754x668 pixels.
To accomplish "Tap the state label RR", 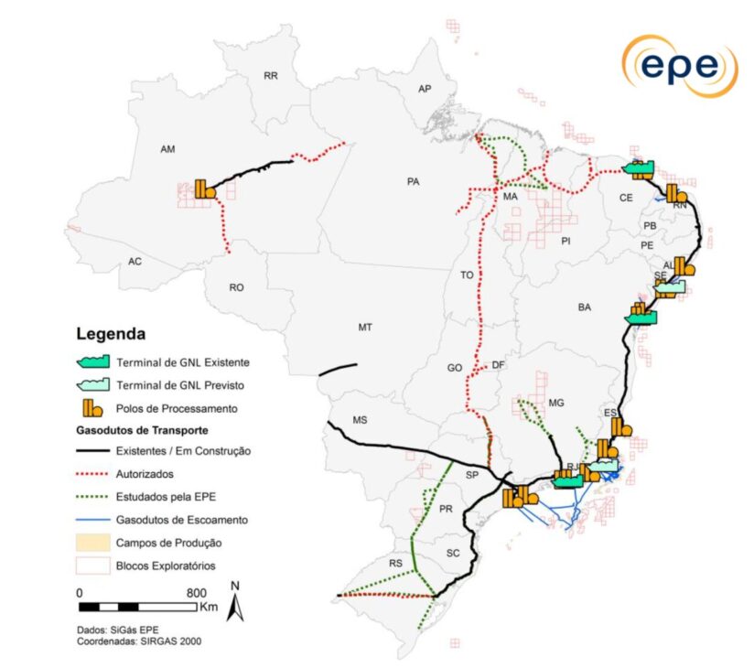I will [270, 76].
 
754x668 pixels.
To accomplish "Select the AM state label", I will [167, 149].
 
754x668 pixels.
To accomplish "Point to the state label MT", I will [365, 327].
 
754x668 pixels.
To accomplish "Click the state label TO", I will [467, 275].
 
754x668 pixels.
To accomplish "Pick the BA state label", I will [584, 307].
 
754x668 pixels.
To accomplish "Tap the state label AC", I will [135, 262].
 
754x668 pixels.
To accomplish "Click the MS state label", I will [360, 421].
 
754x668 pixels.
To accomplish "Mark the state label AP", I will [424, 89].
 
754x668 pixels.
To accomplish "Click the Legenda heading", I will [111, 334].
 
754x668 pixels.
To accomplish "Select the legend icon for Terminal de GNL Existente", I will [94, 362].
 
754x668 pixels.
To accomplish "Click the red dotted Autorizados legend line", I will [94, 474].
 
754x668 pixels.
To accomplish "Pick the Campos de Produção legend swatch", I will [94, 543].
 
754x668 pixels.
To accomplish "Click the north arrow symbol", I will [235, 603].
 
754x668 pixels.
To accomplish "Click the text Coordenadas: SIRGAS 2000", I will [139, 641].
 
